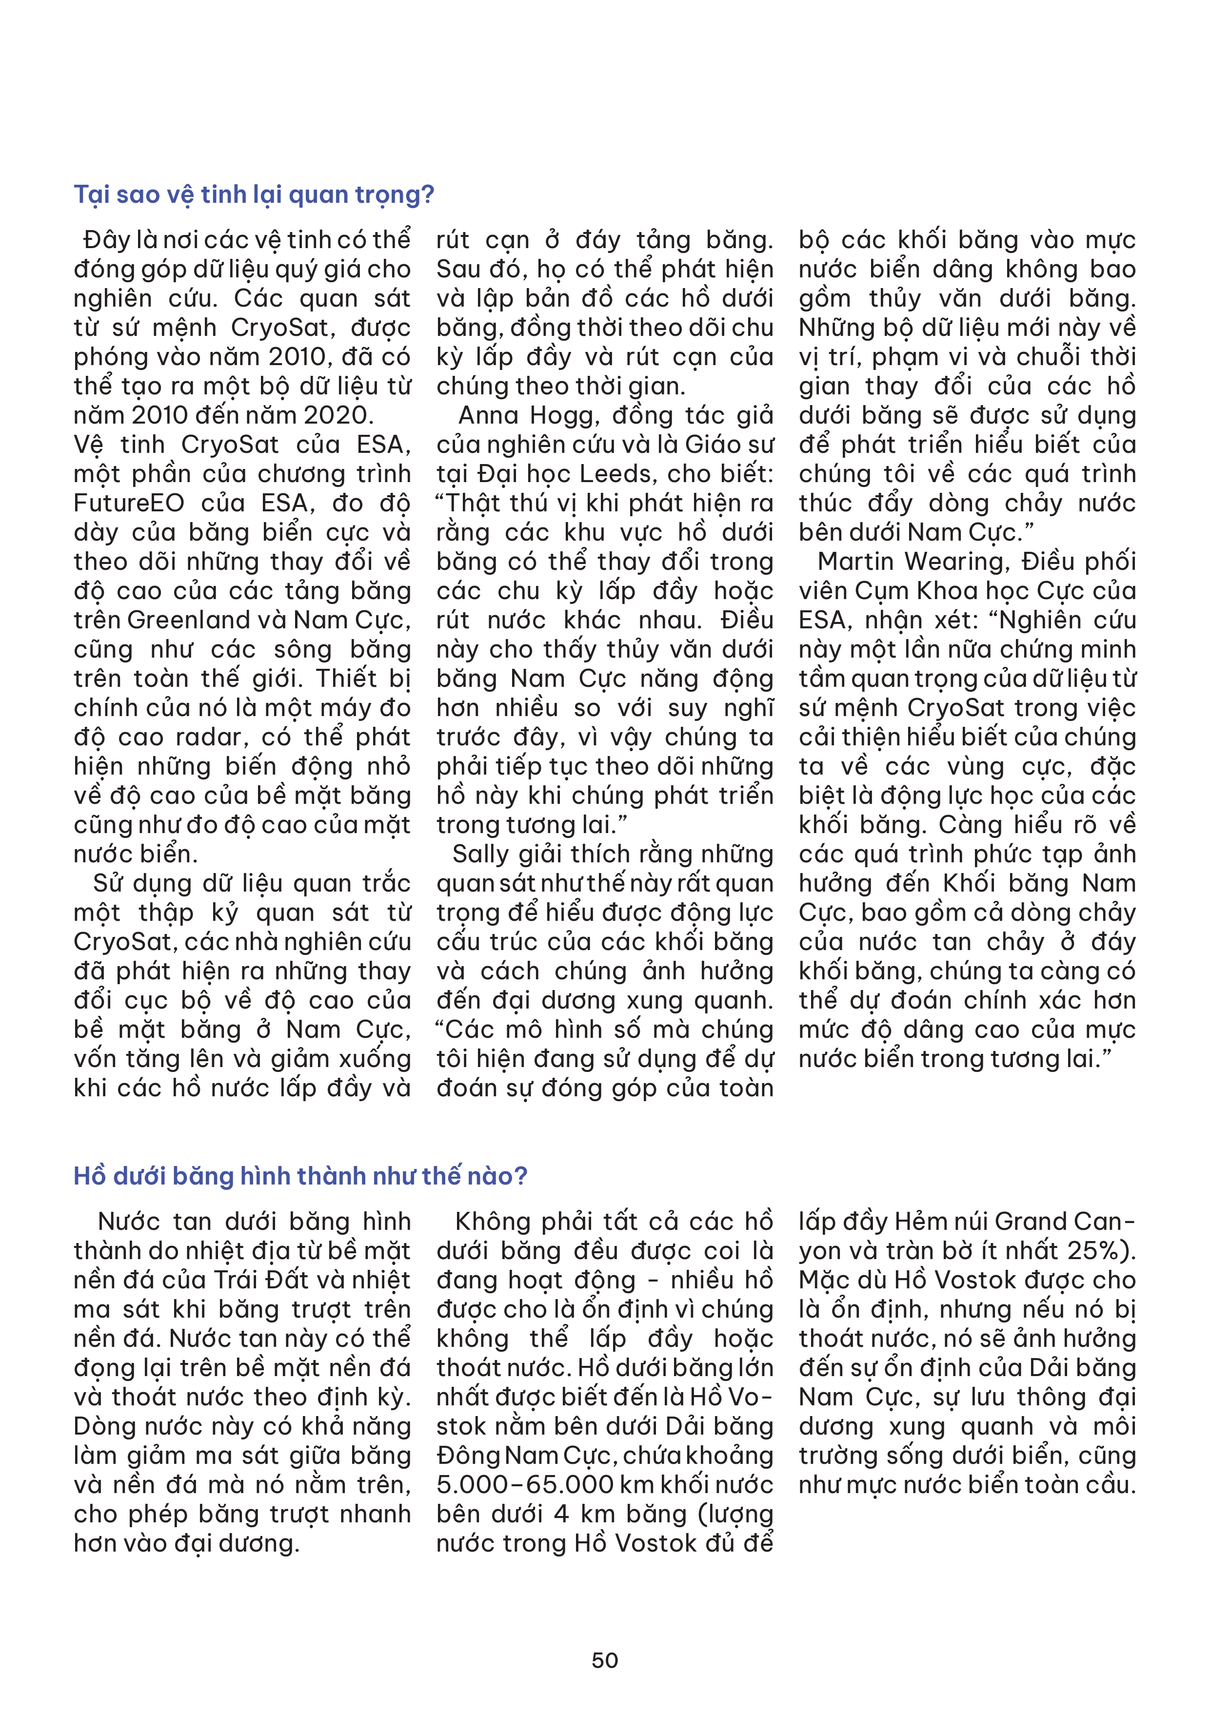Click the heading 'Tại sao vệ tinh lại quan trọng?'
point(253,194)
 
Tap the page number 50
point(604,1660)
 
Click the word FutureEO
point(128,504)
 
